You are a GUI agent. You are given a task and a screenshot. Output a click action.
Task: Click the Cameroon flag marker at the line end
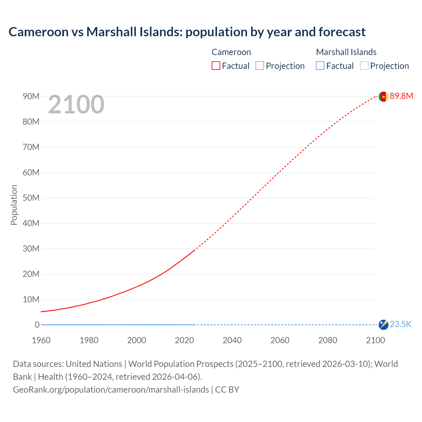pyautogui.click(x=383, y=97)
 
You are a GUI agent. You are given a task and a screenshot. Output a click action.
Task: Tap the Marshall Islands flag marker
pyautogui.click(x=383, y=324)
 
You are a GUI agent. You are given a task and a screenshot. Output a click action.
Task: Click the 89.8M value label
pyautogui.click(x=401, y=96)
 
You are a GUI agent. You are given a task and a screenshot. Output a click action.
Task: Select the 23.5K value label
pyautogui.click(x=401, y=324)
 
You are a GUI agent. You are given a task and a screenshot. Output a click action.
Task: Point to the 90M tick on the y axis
pyautogui.click(x=31, y=96)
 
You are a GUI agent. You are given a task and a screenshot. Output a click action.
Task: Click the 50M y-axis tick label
pyautogui.click(x=31, y=198)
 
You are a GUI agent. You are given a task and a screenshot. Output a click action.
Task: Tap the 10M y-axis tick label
pyautogui.click(x=31, y=299)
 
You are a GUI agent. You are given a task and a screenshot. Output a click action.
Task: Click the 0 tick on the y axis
pyautogui.click(x=37, y=325)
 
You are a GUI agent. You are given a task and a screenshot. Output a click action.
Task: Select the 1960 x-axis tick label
pyautogui.click(x=41, y=340)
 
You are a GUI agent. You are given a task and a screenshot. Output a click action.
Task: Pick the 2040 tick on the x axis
pyautogui.click(x=232, y=340)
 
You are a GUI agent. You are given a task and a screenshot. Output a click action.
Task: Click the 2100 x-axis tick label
pyautogui.click(x=375, y=340)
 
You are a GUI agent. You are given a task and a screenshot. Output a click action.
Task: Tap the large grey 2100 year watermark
pyautogui.click(x=76, y=105)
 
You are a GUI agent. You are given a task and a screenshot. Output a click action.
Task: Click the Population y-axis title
pyautogui.click(x=14, y=205)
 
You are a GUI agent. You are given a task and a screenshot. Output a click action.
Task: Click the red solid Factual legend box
pyautogui.click(x=216, y=66)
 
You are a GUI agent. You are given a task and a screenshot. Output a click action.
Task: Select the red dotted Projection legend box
pyautogui.click(x=260, y=66)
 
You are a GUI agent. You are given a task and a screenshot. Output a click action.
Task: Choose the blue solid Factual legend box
pyautogui.click(x=320, y=66)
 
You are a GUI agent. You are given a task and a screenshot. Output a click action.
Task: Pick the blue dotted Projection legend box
pyautogui.click(x=364, y=66)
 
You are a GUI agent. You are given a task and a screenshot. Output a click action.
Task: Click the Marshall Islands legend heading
pyautogui.click(x=346, y=52)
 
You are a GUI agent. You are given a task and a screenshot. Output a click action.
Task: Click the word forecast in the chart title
pyautogui.click(x=342, y=32)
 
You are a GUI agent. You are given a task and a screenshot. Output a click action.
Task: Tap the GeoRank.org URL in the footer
pyautogui.click(x=111, y=390)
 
